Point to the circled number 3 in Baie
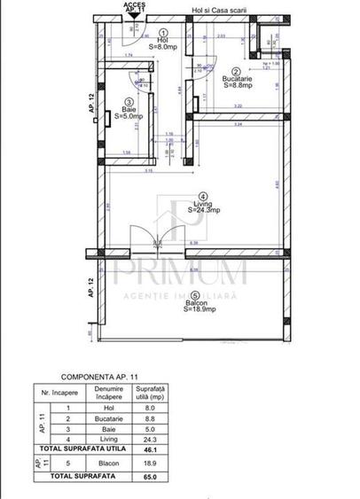(129, 101)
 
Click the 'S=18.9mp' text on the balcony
(202, 311)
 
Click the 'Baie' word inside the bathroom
(129, 109)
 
